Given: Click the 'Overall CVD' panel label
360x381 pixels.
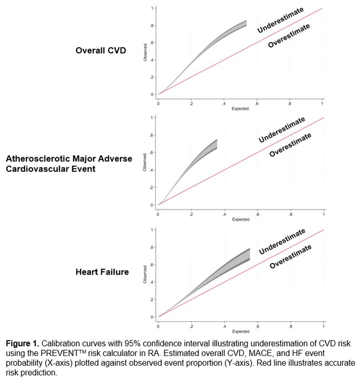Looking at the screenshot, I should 101,50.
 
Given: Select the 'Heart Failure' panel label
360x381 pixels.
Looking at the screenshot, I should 102,272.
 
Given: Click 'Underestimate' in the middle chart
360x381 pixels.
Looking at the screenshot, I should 282,130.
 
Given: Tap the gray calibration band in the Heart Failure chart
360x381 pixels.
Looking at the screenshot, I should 231,267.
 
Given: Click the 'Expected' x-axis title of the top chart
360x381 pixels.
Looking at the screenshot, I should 241,109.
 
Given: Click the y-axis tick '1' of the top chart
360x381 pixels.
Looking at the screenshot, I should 152,9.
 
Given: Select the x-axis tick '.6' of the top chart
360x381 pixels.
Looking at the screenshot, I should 257,103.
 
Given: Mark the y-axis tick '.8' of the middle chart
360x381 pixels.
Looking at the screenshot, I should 152,135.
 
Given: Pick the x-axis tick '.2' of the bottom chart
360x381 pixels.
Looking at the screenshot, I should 191,326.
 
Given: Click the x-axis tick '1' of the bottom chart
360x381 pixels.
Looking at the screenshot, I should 323,326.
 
